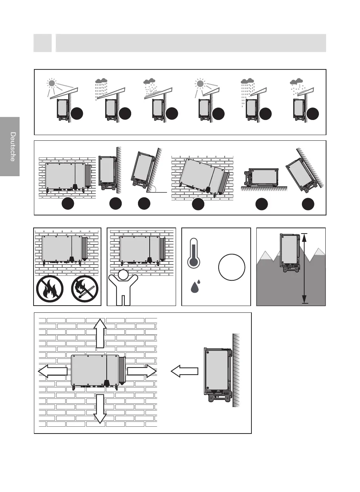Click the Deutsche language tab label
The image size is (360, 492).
click(x=12, y=146)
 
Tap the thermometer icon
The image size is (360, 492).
click(x=194, y=253)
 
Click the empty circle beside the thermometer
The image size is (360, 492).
click(x=231, y=267)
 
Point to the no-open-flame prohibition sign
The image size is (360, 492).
click(x=50, y=289)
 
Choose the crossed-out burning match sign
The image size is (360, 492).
click(x=84, y=289)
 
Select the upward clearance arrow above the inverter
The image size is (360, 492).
click(x=100, y=333)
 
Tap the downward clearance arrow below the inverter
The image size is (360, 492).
click(x=100, y=409)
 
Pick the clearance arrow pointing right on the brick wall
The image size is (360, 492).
click(x=142, y=371)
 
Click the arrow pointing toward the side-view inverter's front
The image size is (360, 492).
click(x=184, y=371)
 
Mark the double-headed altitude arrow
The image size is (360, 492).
click(x=305, y=268)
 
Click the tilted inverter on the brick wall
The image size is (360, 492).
click(x=204, y=176)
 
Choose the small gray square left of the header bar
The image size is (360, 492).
click(x=43, y=43)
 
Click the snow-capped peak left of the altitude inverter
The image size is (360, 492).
click(x=267, y=256)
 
